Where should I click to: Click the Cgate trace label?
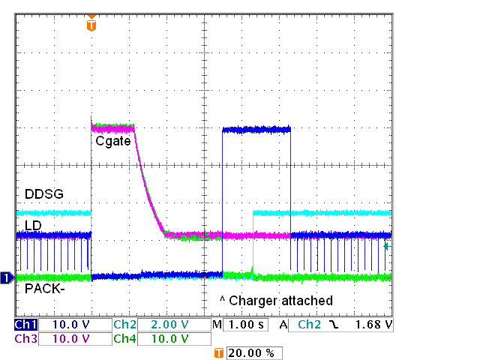tap(113, 140)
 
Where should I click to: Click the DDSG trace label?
tap(43, 194)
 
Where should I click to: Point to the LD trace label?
tap(33, 226)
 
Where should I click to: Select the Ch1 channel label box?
tap(25, 325)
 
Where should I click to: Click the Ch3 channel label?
tap(25, 339)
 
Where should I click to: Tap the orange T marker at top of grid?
tap(91, 25)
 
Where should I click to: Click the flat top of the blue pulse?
tap(256, 130)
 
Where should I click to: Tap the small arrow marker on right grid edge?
tap(387, 246)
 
